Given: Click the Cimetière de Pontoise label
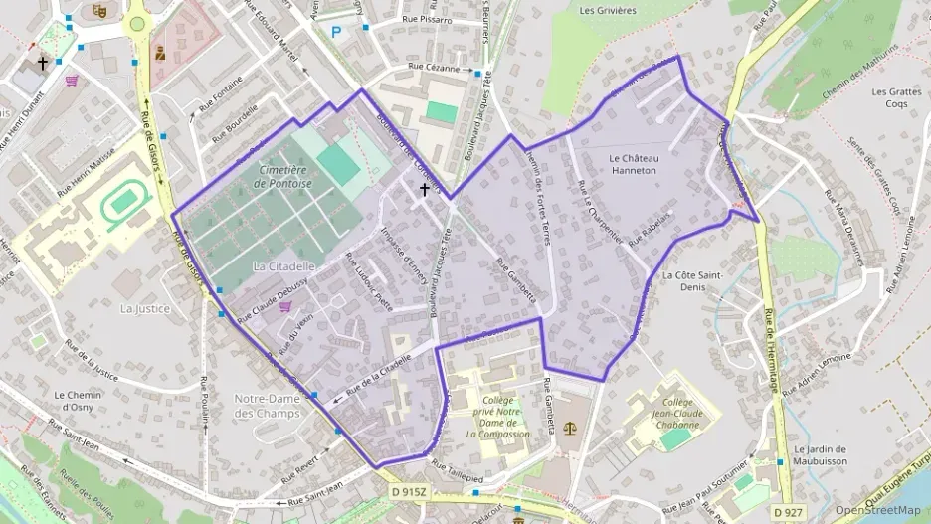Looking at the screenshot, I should pos(284,177).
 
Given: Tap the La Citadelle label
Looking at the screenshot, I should pos(283,266).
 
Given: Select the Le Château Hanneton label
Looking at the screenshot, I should pos(633,164).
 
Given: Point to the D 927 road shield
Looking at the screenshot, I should pos(786,512).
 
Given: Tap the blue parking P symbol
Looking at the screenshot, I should pos(336,32).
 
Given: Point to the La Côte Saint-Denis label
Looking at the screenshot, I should pos(690,280).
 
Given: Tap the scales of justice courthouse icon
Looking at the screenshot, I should pos(570,428).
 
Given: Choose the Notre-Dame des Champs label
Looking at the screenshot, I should pos(267,405).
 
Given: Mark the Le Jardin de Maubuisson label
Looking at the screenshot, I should pos(821,454).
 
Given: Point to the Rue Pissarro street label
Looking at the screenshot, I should pos(426,19).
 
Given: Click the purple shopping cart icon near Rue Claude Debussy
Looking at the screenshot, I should pos(286,308).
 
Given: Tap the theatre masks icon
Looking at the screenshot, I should pos(98,10).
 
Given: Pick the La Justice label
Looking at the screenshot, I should pos(145,308).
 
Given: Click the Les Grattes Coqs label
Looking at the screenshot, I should pos(890,97).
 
